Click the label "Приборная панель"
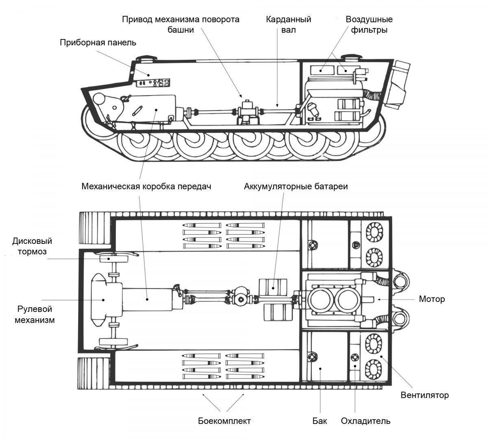click(x=98, y=43)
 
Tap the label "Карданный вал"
click(x=288, y=24)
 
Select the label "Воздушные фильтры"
click(x=369, y=24)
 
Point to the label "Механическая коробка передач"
click(x=146, y=186)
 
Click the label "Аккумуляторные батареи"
click(x=296, y=186)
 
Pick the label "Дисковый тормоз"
click(x=32, y=246)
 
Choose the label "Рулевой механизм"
click(x=35, y=314)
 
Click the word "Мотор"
click(x=432, y=299)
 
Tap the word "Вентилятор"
click(x=425, y=395)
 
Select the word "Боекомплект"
click(x=224, y=421)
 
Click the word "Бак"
click(x=320, y=421)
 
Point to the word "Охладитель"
click(x=366, y=421)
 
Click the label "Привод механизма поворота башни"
click(x=181, y=24)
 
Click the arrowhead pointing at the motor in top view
click(x=379, y=299)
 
